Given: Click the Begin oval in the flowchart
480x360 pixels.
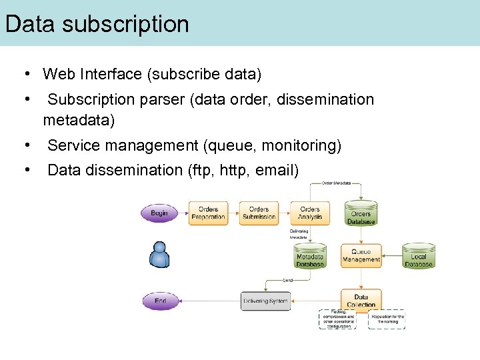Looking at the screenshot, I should coord(159,213).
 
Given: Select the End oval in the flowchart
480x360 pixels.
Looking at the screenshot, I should coord(160,301).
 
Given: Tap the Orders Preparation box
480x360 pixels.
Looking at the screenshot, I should coord(208,213).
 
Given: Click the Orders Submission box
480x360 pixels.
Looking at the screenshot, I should coord(259,213).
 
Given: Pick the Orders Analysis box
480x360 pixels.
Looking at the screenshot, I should coord(309,213).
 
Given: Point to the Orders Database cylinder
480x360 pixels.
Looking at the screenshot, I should coord(361,214).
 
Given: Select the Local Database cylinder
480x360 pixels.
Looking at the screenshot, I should coord(418,257).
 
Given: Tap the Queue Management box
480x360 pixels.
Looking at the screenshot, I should coord(361,256).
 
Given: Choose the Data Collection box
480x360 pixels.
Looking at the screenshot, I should coord(361,300).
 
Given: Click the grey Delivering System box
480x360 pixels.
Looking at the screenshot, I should coord(265,301).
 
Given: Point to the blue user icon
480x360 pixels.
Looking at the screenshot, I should coord(159,255).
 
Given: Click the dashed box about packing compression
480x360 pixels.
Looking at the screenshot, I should coord(338,319).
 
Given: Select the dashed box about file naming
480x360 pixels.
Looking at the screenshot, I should coord(387,319).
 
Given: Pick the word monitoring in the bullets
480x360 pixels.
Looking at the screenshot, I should coord(299,145).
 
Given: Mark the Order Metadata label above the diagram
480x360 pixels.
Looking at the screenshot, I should coord(337,183).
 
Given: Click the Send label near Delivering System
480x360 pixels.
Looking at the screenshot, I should coord(288,280).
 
